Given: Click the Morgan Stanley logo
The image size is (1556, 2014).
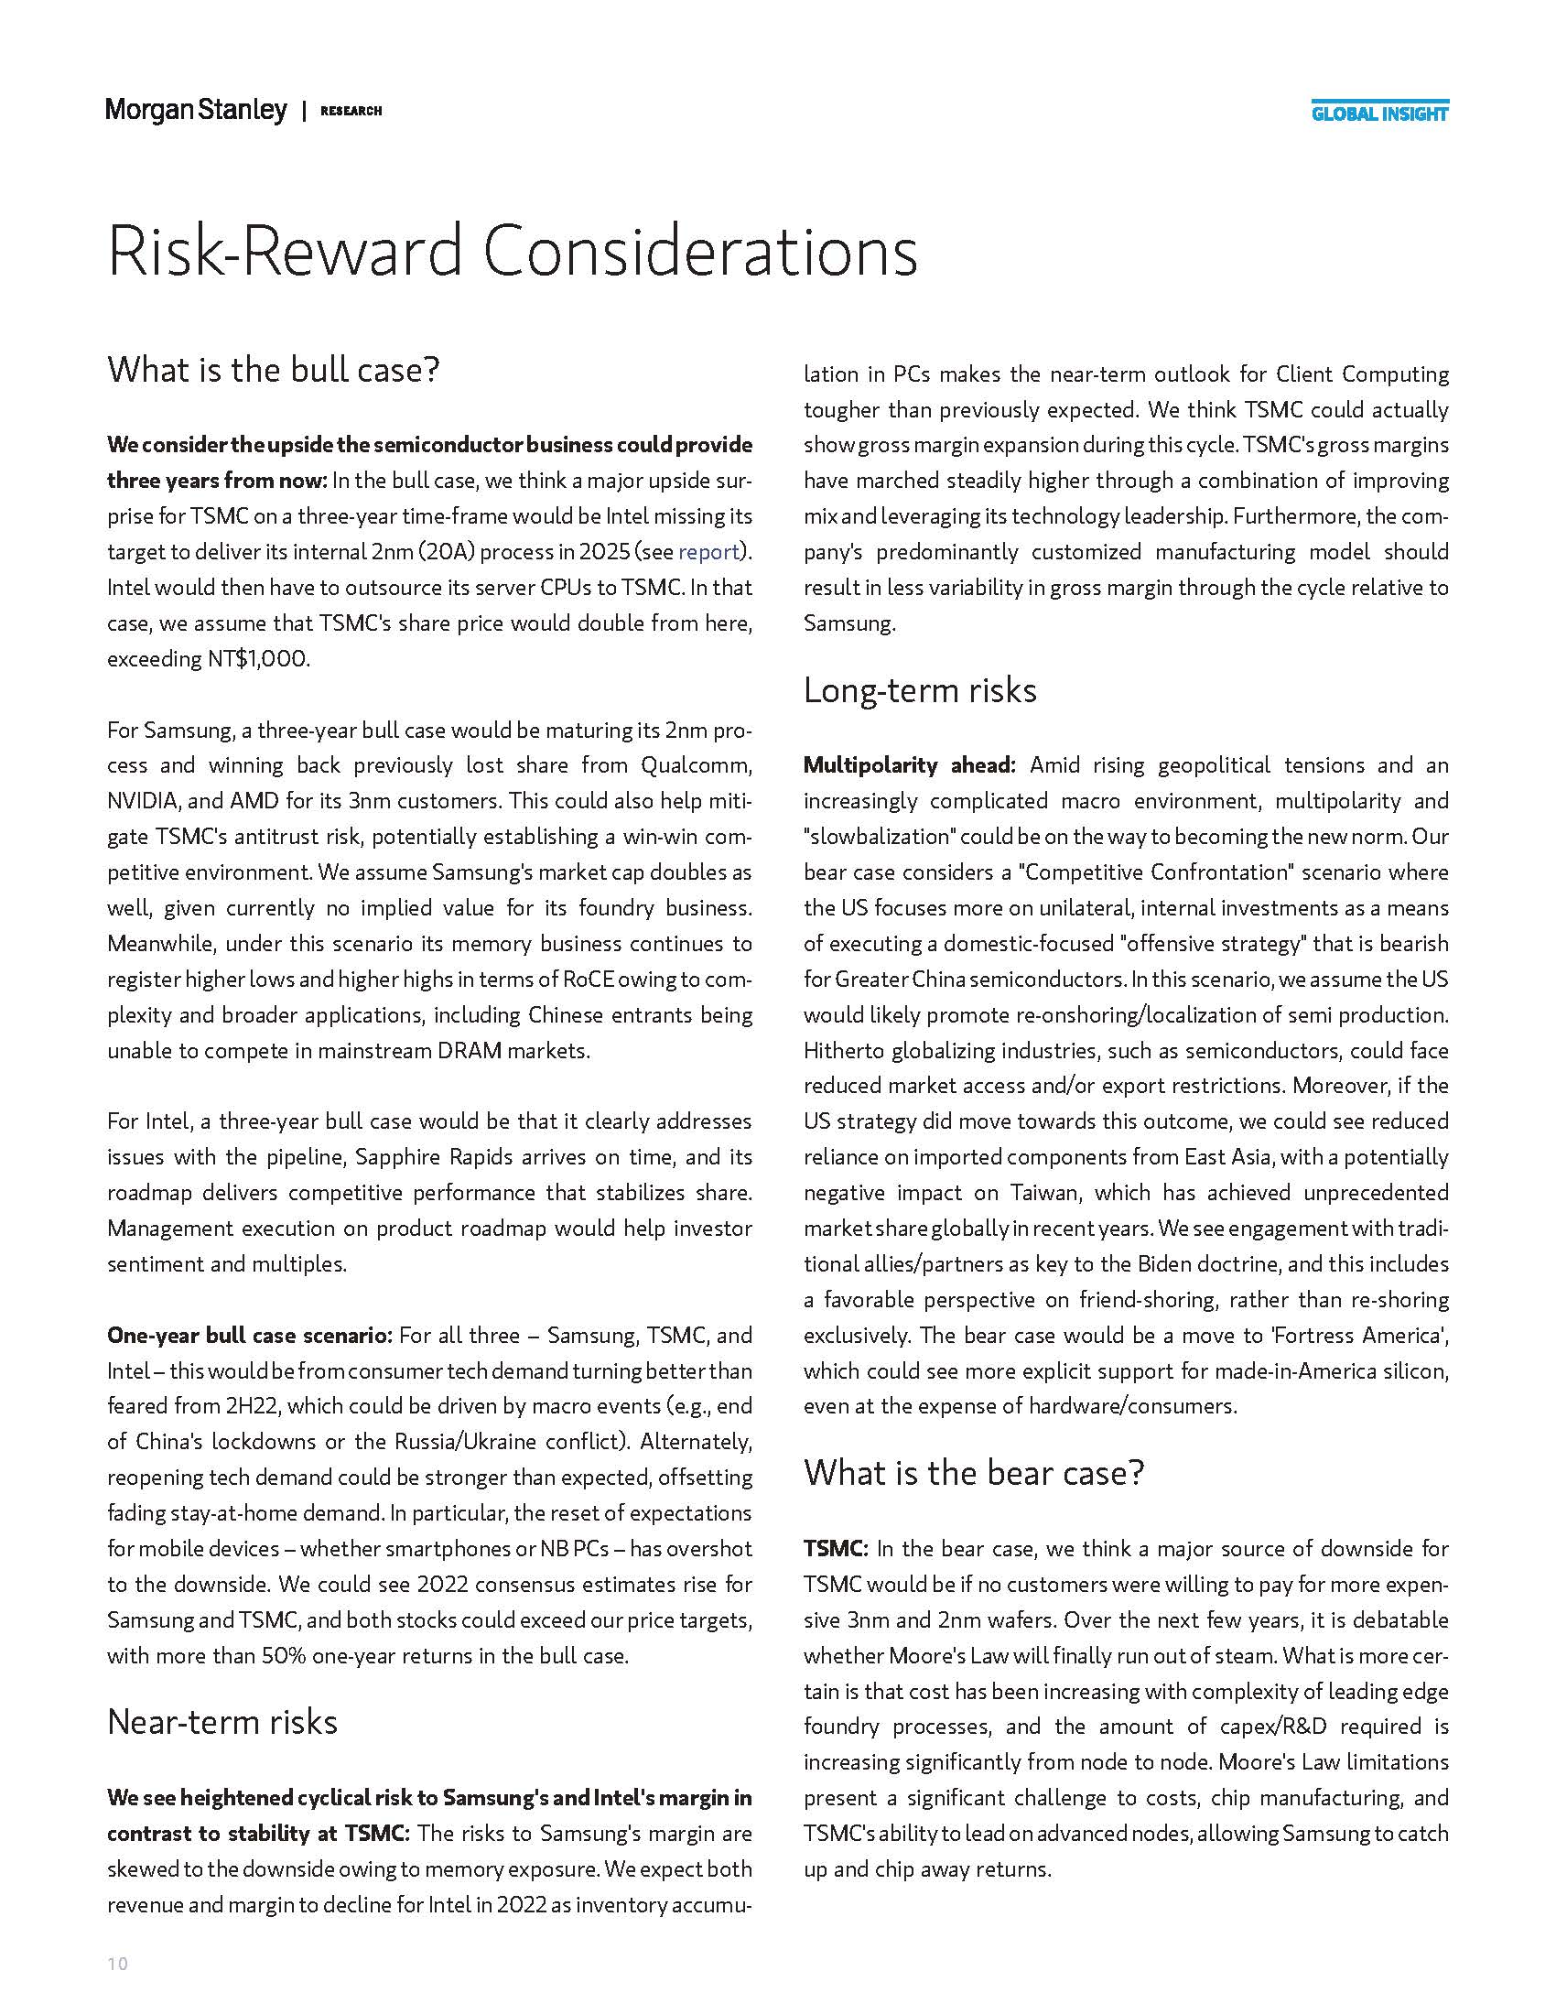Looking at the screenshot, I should [197, 111].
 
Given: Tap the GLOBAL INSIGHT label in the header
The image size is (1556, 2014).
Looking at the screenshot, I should [1380, 114].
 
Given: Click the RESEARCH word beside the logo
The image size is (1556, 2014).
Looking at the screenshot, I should [351, 112].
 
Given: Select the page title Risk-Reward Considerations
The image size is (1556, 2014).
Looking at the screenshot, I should [513, 251].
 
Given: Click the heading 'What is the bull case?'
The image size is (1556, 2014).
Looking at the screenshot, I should [274, 370].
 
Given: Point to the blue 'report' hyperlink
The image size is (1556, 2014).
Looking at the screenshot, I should [708, 551].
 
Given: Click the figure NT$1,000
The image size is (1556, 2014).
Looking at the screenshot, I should [259, 659].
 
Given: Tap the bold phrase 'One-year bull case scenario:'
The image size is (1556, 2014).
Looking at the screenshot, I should [250, 1336].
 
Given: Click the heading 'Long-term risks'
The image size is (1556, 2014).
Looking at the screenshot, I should [920, 689].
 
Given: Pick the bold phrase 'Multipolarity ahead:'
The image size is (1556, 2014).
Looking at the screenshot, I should [909, 765].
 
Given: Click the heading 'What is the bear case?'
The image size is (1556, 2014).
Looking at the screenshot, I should [974, 1473].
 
